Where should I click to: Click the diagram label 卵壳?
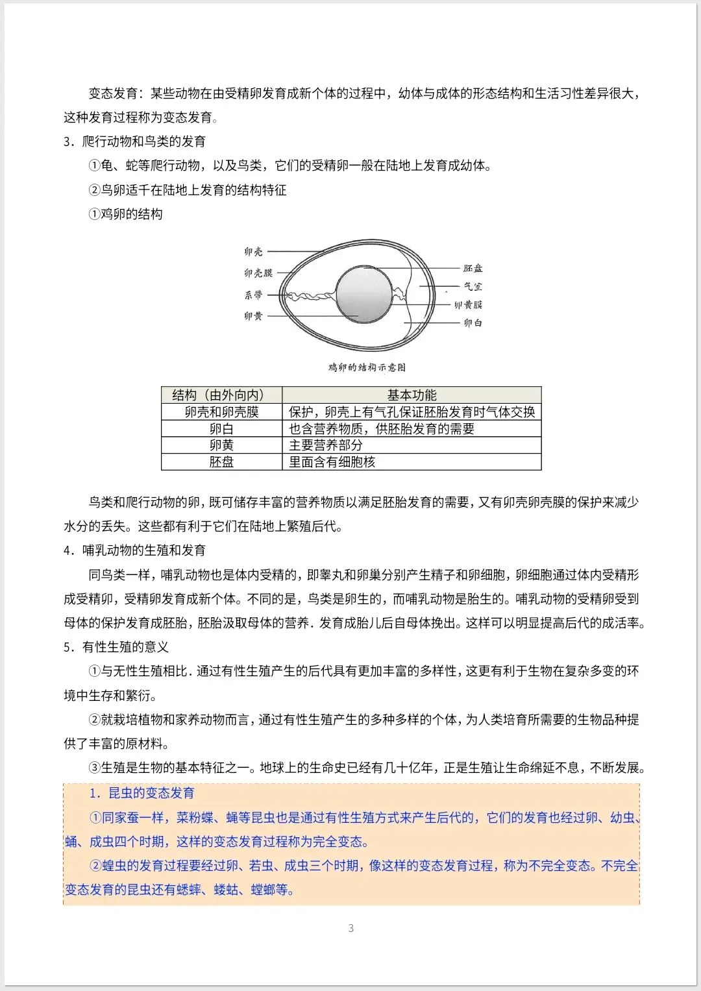[x=253, y=252]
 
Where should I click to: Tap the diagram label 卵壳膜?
[x=258, y=273]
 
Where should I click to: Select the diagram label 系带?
[x=253, y=295]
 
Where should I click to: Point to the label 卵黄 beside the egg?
[x=253, y=316]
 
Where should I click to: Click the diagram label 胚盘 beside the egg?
[x=473, y=268]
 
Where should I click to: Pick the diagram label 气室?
[x=473, y=286]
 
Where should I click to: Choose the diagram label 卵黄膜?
[x=468, y=304]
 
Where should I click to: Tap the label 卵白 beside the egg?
[x=473, y=323]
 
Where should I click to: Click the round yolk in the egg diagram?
[x=363, y=294]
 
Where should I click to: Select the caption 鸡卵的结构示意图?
[x=367, y=367]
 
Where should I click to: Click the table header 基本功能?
[x=412, y=395]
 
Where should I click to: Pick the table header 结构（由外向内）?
[x=221, y=395]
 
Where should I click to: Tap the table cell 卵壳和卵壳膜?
[x=221, y=412]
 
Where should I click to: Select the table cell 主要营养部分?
[x=326, y=445]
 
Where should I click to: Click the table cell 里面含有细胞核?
[x=332, y=462]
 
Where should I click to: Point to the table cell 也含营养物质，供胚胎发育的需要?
[x=382, y=429]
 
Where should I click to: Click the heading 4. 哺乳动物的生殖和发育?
[x=134, y=550]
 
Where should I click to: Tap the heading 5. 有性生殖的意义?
[x=116, y=647]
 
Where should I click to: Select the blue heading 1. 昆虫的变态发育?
[x=141, y=793]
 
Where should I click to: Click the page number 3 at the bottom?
[x=351, y=928]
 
